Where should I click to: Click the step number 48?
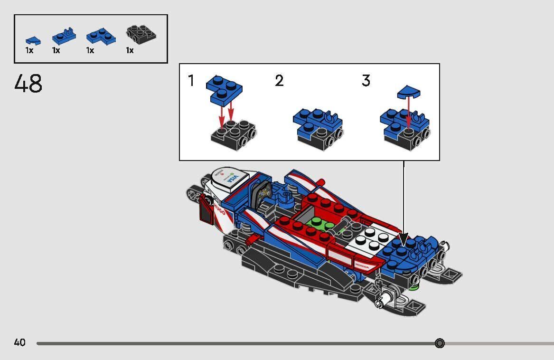[28, 84]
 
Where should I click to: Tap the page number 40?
[19, 342]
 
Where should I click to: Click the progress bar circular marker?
[440, 343]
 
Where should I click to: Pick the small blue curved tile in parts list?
[33, 41]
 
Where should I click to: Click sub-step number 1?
[191, 81]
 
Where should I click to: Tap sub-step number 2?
[279, 81]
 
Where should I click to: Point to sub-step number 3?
[366, 81]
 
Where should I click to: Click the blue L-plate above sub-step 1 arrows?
[224, 89]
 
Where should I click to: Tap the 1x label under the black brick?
[130, 50]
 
